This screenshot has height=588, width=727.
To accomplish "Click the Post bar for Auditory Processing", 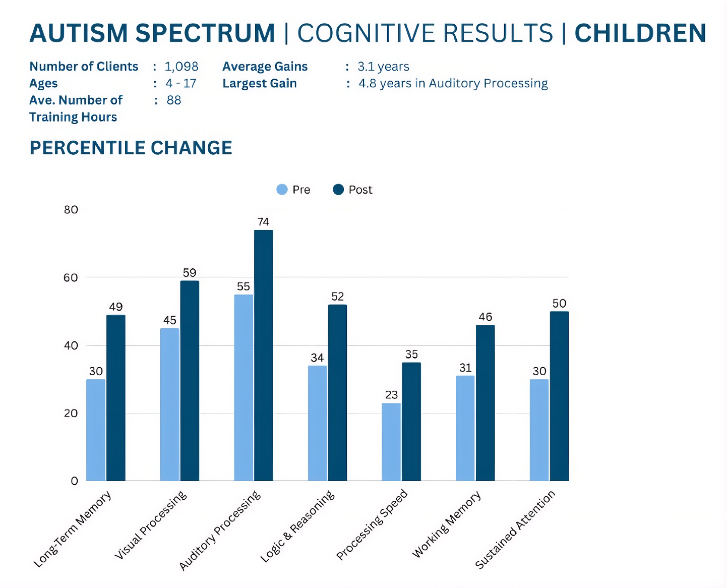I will (263, 356).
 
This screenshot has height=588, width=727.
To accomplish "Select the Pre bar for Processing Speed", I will (391, 442).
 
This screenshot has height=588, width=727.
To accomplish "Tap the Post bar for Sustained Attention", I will (559, 396).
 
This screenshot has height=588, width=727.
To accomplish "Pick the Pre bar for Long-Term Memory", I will (96, 430).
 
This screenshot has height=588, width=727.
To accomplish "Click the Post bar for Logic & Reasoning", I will (337, 392).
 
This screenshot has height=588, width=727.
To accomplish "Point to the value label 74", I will (263, 222).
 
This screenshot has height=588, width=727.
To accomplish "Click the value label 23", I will (391, 395).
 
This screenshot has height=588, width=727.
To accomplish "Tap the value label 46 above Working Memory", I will (485, 317).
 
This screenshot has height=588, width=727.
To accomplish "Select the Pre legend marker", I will (282, 190).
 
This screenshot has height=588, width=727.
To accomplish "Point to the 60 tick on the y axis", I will (71, 278).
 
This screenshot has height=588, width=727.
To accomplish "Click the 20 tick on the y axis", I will (71, 414).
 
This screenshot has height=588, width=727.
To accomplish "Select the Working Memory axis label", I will (447, 524).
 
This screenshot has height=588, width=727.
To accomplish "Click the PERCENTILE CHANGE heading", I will (131, 148).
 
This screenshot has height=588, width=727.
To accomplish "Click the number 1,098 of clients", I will (181, 67).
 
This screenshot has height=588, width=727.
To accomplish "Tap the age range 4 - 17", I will (181, 83).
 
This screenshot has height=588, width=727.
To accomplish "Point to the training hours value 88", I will (174, 100).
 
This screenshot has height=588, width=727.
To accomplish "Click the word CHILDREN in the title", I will (640, 33).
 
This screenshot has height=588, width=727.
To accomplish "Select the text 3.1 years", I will (383, 67).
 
